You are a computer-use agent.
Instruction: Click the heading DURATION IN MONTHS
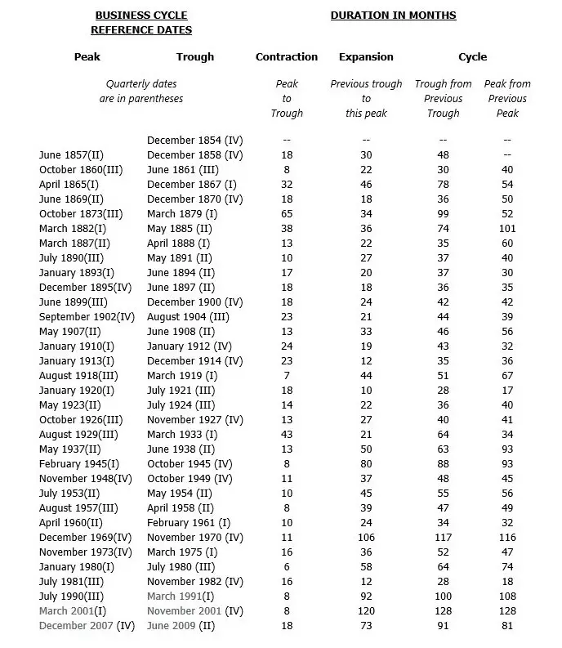[x=393, y=16]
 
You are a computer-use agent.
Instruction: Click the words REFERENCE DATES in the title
[x=141, y=30]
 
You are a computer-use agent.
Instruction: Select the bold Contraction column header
[x=287, y=57]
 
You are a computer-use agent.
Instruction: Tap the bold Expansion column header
[x=366, y=57]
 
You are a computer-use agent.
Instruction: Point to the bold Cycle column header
[x=472, y=57]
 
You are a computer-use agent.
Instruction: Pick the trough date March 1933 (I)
[x=182, y=435]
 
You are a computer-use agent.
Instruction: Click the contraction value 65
[x=287, y=214]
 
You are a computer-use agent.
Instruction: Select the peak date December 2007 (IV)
[x=87, y=626]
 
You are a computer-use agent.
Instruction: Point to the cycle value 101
[x=507, y=229]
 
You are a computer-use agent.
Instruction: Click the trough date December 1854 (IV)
[x=194, y=141]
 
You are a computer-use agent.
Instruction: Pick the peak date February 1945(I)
[x=79, y=464]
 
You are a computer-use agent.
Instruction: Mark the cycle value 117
[x=444, y=538]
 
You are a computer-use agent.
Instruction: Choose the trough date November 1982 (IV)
[x=194, y=582]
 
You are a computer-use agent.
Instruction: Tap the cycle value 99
[x=444, y=214]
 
